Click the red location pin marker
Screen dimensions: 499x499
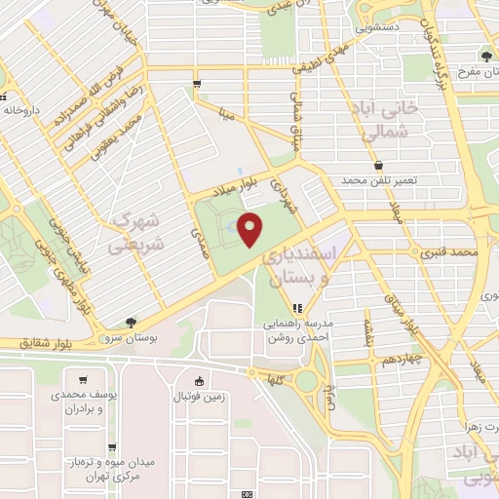[x=251, y=229]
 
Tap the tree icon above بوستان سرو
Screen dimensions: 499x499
[x=131, y=323]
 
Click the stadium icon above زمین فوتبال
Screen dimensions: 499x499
[x=200, y=381]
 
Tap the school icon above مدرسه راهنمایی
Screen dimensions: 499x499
[x=298, y=310]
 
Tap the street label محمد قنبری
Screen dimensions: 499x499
[x=450, y=251]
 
